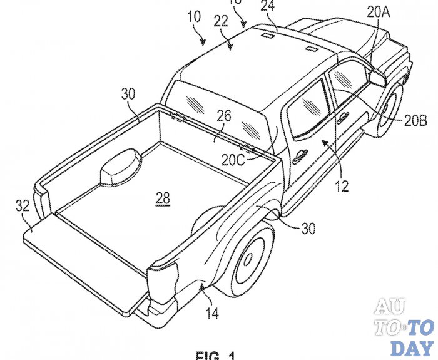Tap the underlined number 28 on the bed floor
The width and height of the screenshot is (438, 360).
coord(163,198)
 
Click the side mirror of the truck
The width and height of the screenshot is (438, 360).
coord(379,77)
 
